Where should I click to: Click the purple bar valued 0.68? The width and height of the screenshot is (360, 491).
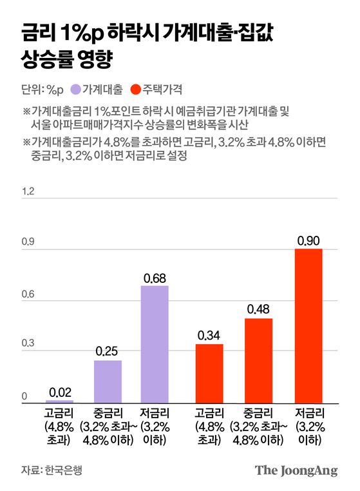coord(154,344)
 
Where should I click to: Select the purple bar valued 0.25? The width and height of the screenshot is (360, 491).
coord(108,381)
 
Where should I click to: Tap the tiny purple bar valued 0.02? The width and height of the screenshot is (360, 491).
coord(60,401)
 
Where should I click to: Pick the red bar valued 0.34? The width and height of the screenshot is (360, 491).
coord(209,373)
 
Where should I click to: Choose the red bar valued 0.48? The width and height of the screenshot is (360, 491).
coord(258,360)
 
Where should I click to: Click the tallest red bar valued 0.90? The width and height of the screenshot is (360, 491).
coord(308,325)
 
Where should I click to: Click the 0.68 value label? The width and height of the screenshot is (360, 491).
coord(154,278)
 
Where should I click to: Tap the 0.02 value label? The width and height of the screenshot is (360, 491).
coord(60,392)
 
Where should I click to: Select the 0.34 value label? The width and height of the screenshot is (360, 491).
coord(209,336)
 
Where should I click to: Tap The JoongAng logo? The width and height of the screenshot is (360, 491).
coord(296,470)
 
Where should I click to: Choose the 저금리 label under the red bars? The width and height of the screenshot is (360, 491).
coord(308,414)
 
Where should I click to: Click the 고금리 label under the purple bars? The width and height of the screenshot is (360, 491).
coord(60,414)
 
